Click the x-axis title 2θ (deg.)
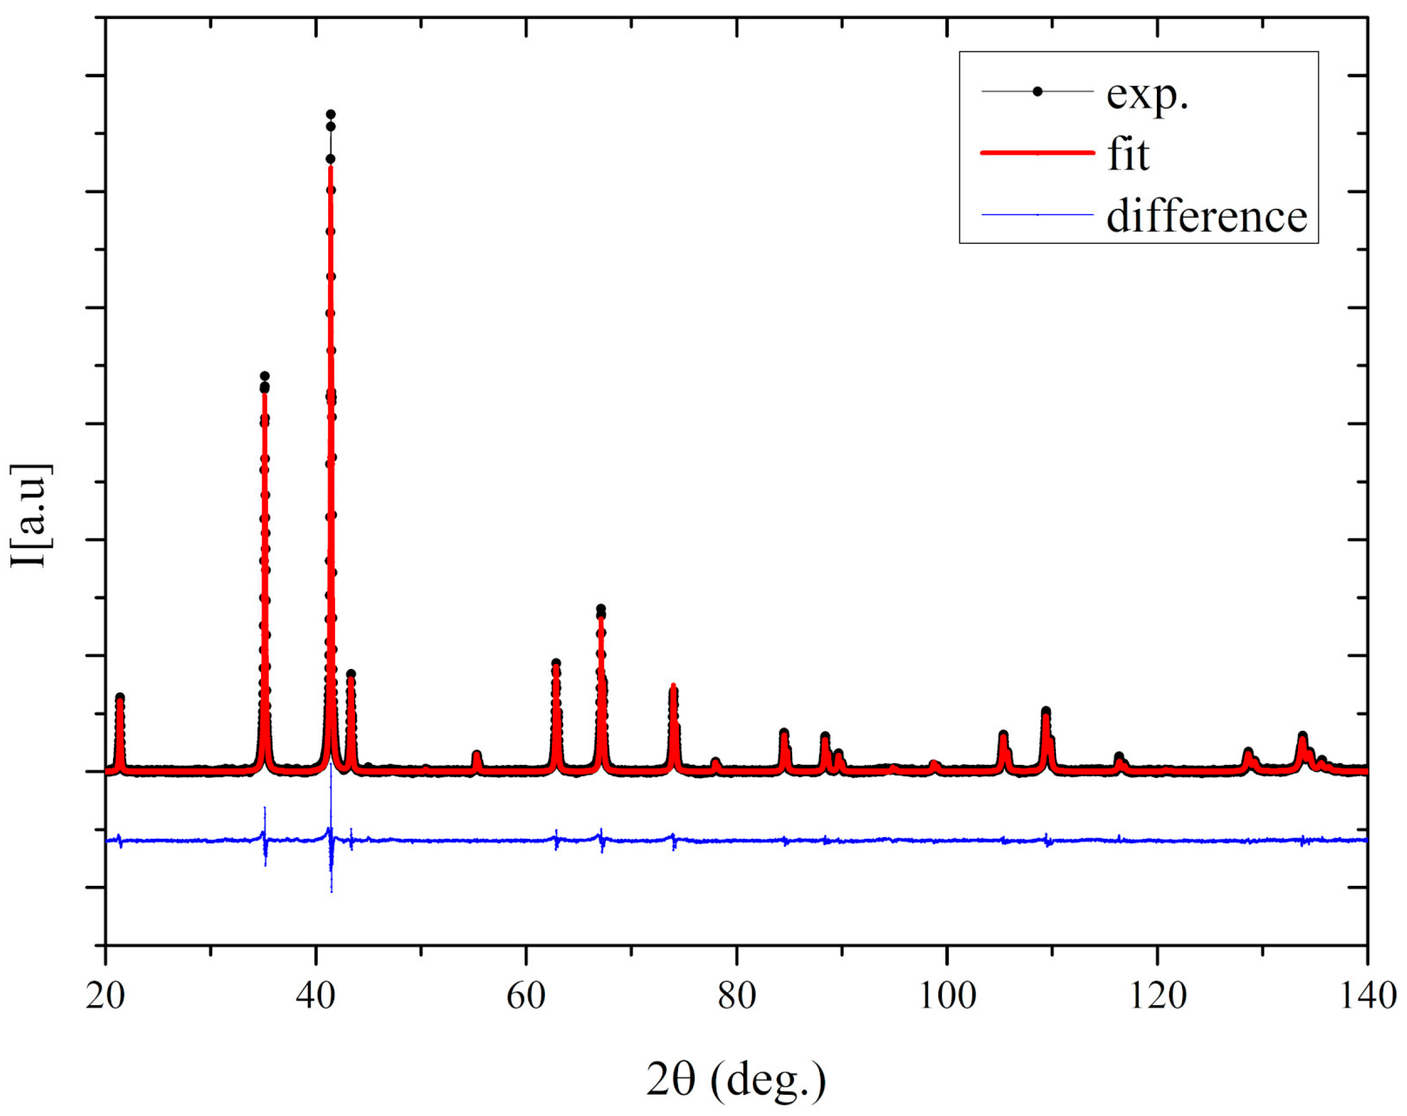coord(736,1079)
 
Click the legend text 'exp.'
coord(1147,95)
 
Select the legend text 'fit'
coord(1128,155)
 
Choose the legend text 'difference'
coord(1207,216)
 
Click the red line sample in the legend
coord(1037,153)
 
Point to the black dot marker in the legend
coord(1037,91)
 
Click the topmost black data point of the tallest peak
coord(330,114)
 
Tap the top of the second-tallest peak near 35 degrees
coord(264,376)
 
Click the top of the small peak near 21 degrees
coord(119,698)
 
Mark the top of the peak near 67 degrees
coord(601,608)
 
